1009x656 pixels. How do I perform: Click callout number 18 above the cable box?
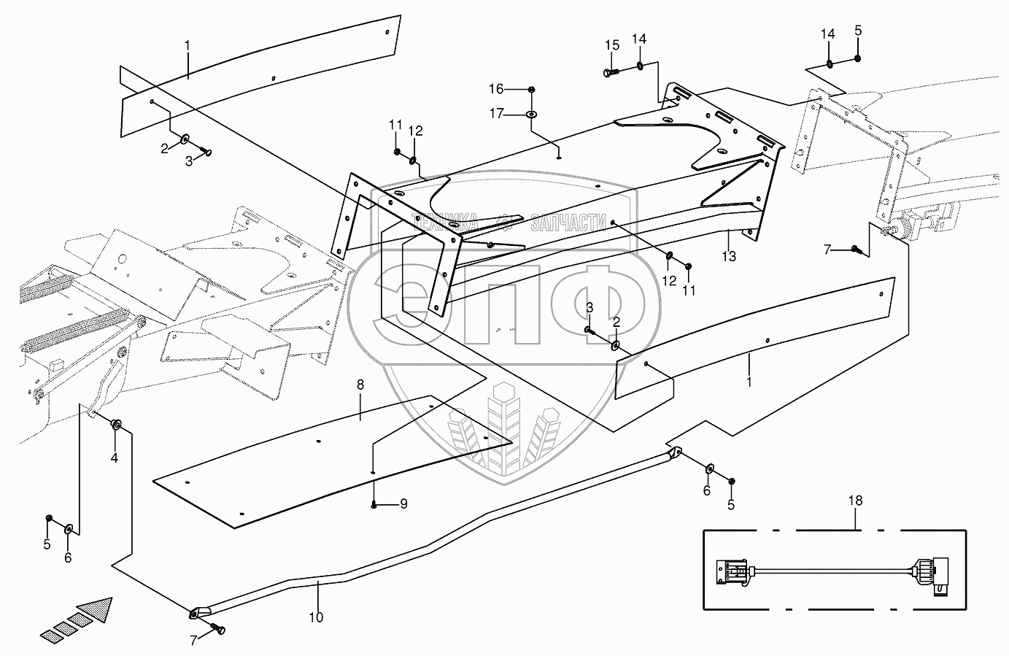coord(855,501)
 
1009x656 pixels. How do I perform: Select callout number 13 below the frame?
coord(729,256)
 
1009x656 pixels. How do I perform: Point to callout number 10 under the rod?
coord(316,617)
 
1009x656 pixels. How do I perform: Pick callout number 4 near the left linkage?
coord(115,458)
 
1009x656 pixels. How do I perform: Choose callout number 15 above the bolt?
coord(611,46)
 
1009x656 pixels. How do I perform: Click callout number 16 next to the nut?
coord(516,89)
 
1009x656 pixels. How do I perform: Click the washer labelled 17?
coord(531,115)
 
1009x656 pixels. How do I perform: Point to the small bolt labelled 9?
coord(374,504)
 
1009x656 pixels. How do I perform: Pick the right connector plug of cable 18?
coord(935,571)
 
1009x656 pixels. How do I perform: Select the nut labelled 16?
coord(532,89)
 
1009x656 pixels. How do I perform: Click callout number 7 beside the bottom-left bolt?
coord(193,640)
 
